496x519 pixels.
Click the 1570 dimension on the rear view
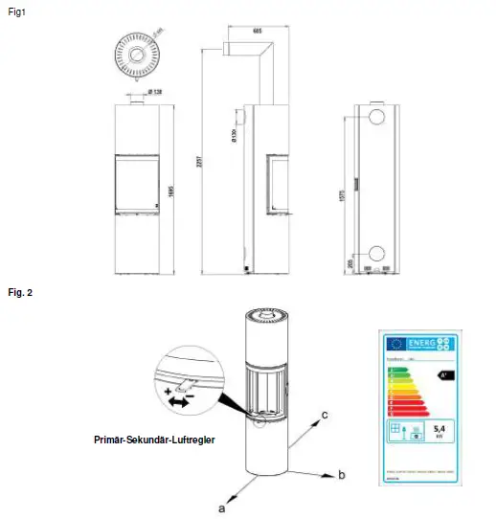click(342, 197)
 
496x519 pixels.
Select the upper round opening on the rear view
click(376, 117)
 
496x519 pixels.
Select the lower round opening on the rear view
click(376, 254)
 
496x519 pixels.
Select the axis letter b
click(340, 474)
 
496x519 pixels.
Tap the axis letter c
click(327, 414)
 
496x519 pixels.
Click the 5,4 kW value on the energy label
click(441, 431)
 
